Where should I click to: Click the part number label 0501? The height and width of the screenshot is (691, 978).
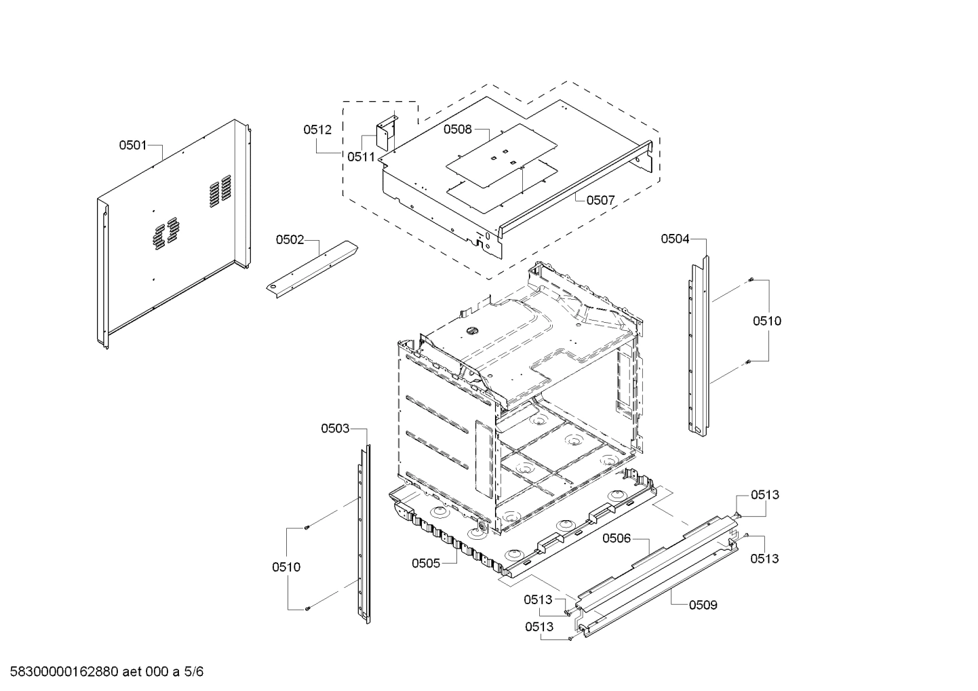(x=133, y=145)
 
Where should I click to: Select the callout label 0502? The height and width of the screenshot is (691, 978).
(x=290, y=239)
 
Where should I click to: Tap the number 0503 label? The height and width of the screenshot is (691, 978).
(x=335, y=429)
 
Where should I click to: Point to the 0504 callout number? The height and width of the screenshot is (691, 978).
(x=675, y=239)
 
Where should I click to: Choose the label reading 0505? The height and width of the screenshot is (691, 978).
(x=426, y=563)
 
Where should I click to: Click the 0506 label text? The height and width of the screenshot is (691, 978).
(x=617, y=538)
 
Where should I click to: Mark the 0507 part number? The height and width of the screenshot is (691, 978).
(x=600, y=200)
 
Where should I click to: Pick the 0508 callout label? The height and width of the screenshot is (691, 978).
(x=457, y=130)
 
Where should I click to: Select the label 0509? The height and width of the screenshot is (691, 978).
(x=703, y=605)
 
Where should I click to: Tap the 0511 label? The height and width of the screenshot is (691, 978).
(x=361, y=157)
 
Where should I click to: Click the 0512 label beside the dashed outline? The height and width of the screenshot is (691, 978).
(x=317, y=130)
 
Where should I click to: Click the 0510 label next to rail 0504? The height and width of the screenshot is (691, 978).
(x=766, y=321)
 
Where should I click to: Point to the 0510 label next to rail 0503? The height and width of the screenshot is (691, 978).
(x=286, y=567)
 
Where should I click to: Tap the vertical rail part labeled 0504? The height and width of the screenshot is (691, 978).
(x=699, y=346)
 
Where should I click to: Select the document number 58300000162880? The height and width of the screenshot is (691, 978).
(x=64, y=672)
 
